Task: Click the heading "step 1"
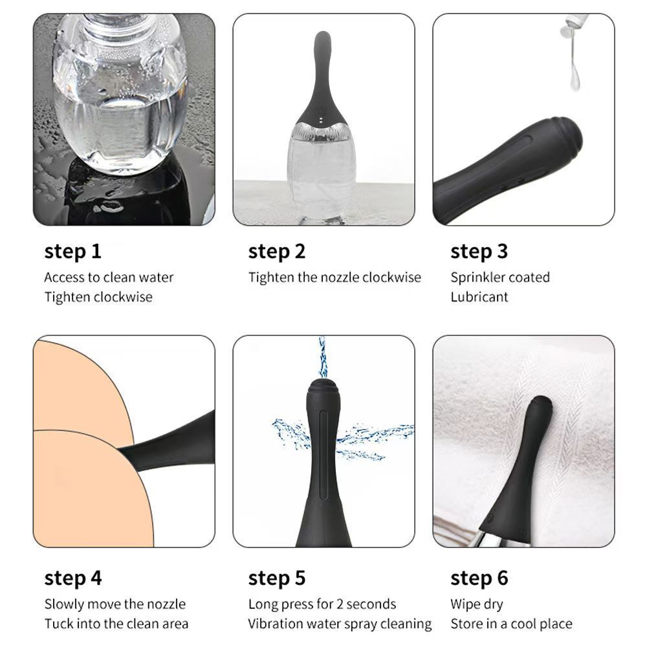tap(72, 252)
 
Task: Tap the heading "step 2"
tap(276, 252)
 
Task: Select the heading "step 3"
tap(479, 252)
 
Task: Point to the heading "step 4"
tap(73, 578)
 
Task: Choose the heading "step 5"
tap(276, 578)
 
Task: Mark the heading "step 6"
tap(479, 578)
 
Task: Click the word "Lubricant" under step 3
tap(479, 297)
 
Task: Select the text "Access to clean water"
tap(109, 278)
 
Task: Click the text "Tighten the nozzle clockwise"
tap(334, 278)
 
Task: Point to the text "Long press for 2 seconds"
tap(322, 604)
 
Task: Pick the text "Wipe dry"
tap(477, 604)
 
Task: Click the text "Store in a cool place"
tap(511, 624)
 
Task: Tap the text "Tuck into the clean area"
tap(116, 624)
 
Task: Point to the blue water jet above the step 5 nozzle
tap(322, 357)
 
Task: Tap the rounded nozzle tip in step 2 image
tap(322, 41)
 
